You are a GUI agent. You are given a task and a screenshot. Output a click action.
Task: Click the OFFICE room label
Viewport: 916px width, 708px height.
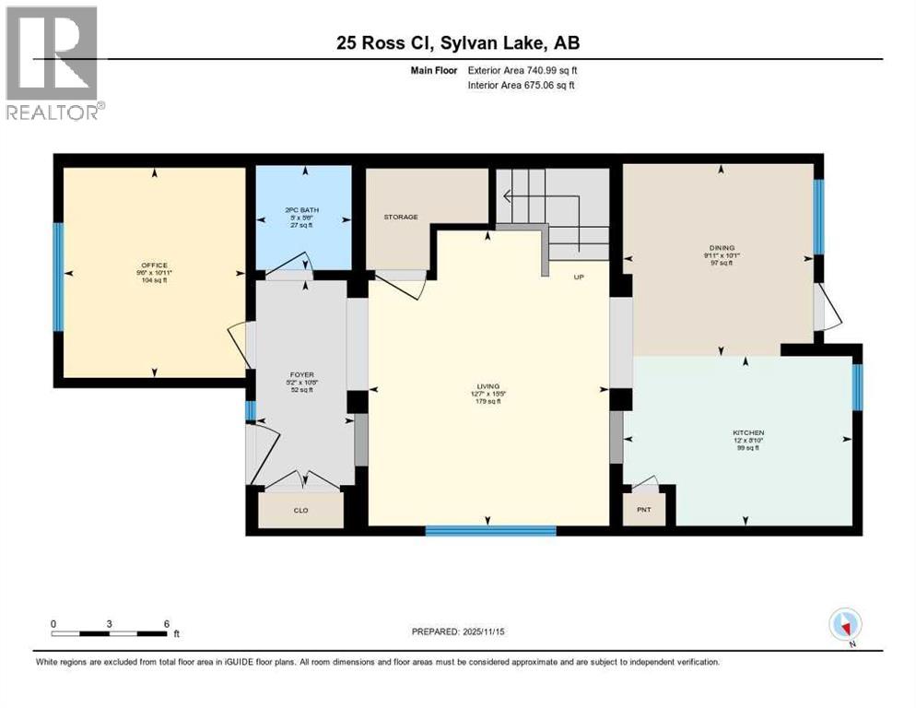coord(154,265)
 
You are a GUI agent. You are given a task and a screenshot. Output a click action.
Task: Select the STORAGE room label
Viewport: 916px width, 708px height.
coord(401,218)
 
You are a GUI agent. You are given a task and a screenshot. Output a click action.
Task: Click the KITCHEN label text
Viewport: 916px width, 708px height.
coord(747,432)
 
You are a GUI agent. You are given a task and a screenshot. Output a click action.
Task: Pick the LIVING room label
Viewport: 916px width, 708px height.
coord(487,386)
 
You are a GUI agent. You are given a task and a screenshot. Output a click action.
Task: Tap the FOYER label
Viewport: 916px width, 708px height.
coord(301,375)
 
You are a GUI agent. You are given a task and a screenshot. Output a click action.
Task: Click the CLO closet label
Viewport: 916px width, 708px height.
coord(300,510)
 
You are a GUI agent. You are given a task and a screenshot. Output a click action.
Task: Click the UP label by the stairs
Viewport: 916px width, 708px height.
coord(578,277)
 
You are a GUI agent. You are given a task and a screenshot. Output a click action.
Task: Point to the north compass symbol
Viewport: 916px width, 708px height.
coord(845,624)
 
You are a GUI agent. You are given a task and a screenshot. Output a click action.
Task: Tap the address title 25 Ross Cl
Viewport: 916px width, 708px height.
coord(458,42)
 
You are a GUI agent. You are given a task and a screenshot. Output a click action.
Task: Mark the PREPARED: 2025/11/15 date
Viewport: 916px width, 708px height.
coord(458,631)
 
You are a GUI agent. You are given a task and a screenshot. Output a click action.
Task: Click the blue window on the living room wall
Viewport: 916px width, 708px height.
coord(490,530)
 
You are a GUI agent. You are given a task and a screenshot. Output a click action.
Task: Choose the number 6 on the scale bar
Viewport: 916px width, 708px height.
coord(166,624)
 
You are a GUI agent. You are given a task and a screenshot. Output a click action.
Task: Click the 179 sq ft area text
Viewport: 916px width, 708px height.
coord(487,401)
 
